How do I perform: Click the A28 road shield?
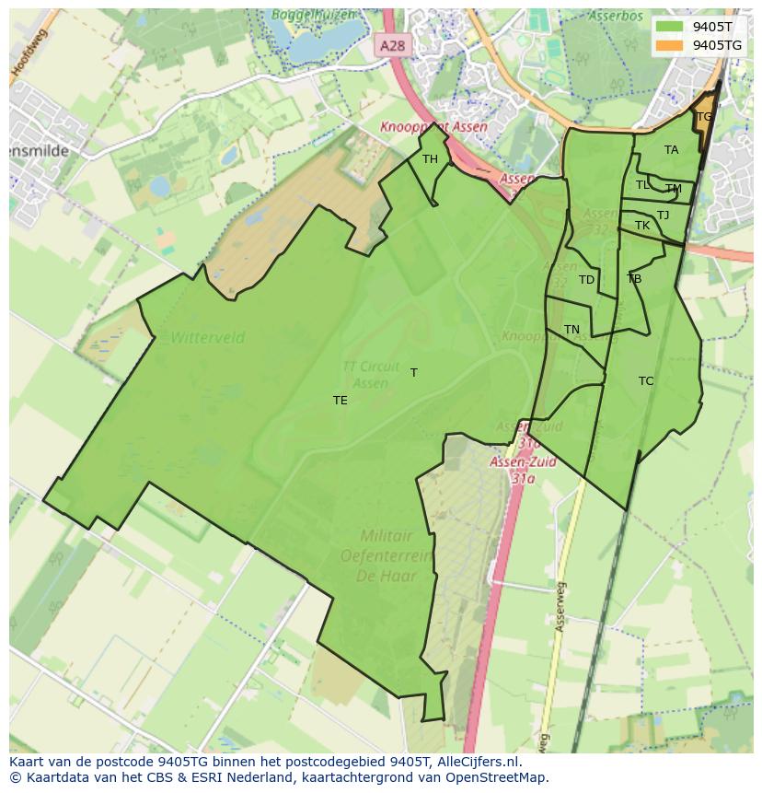(390, 44)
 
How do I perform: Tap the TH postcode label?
(430, 159)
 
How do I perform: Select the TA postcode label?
(671, 150)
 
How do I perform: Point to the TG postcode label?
(704, 117)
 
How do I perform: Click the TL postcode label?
(642, 185)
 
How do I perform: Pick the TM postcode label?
(674, 189)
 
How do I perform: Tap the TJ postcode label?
(663, 216)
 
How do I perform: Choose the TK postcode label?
(642, 226)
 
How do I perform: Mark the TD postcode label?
(586, 280)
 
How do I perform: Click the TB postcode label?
(634, 279)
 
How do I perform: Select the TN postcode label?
(571, 330)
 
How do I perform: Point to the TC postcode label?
(646, 381)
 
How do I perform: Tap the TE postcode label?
(341, 401)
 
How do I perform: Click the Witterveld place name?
(207, 338)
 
